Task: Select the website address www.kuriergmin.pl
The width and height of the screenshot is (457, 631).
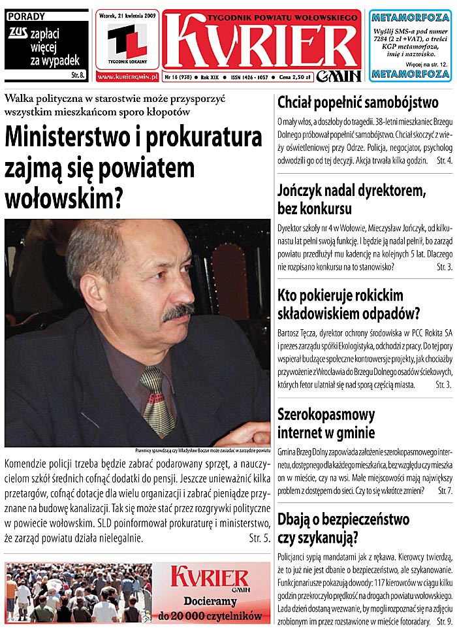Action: click(x=127, y=77)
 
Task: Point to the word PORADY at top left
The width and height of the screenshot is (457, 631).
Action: click(x=23, y=16)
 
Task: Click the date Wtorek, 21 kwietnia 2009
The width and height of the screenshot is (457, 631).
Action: click(x=127, y=15)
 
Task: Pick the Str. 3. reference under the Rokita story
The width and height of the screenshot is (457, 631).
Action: click(x=444, y=385)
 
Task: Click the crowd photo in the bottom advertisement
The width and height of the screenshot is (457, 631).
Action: click(x=78, y=593)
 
